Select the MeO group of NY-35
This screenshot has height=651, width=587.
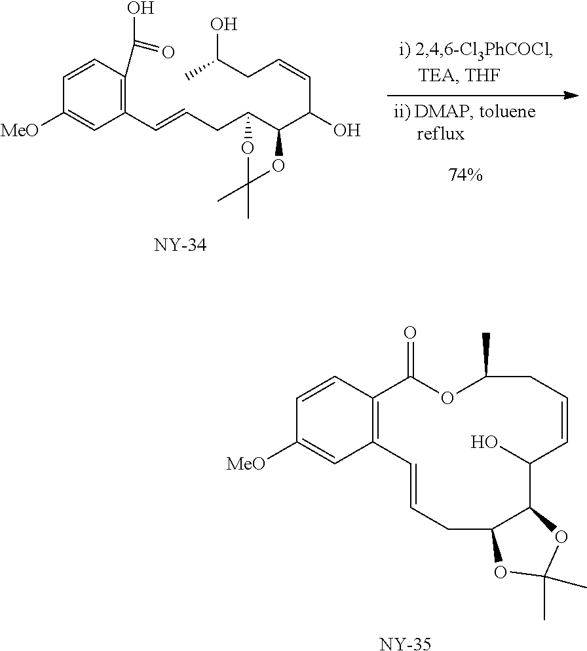pos(246,464)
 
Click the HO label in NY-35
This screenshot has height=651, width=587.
pos(485,443)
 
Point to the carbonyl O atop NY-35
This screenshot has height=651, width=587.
pos(410,334)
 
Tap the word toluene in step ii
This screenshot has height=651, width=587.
pos(510,112)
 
